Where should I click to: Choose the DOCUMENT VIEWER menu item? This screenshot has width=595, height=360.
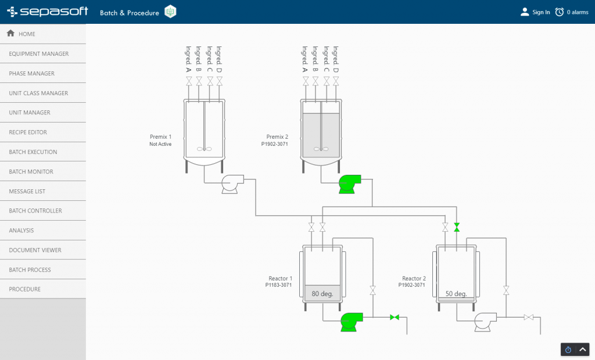pos(35,250)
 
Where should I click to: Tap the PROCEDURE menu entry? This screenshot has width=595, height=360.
pos(24,289)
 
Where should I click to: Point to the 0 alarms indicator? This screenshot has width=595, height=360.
pos(572,12)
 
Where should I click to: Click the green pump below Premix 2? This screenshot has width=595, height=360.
pos(349,184)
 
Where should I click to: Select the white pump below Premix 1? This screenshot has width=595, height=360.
pos(232,184)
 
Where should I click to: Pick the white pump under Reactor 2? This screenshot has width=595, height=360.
pos(485,321)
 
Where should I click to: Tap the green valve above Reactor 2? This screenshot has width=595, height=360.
pos(457,227)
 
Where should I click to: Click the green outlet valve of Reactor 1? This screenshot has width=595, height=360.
pos(395,317)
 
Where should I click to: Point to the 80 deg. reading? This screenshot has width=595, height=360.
pos(322,294)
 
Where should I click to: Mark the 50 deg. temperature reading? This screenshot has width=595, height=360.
pos(456,294)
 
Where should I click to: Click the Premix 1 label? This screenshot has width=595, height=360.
pos(161,137)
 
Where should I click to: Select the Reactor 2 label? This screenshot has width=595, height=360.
pos(414,279)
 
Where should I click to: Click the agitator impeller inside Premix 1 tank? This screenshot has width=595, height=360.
pos(205,149)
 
